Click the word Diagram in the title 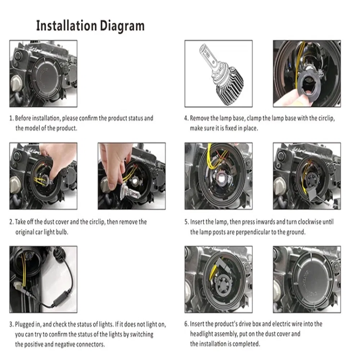pyautogui.click(x=122, y=26)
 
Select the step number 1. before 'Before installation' pyautogui.click(x=12, y=118)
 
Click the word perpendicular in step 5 pyautogui.click(x=253, y=232)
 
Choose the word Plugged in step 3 pyautogui.click(x=24, y=325)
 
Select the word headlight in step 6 pyautogui.click(x=201, y=334)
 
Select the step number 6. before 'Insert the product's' pyautogui.click(x=186, y=324)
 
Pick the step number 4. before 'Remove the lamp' pyautogui.click(x=186, y=118)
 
